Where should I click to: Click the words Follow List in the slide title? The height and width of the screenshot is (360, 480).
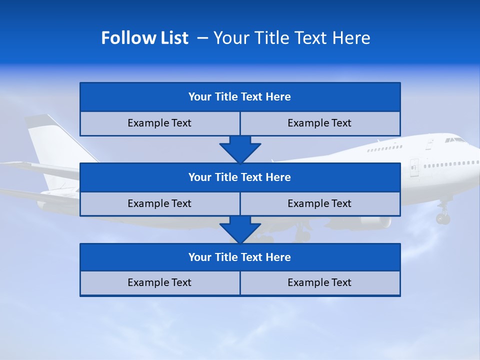point(144,38)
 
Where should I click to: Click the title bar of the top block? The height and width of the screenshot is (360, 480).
point(240,97)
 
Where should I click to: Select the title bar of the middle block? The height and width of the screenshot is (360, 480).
point(240,177)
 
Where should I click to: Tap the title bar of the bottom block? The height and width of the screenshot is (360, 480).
point(240,257)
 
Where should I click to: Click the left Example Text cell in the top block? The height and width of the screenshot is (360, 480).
point(160,123)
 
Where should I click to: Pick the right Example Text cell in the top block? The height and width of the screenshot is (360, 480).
point(320,123)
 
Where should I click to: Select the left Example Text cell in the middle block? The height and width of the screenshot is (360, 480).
point(160,204)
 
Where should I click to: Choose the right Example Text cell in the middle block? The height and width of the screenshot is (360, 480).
point(320,204)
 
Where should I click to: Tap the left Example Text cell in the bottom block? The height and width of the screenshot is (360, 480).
point(160,283)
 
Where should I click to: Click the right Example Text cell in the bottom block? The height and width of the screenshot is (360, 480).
point(320,283)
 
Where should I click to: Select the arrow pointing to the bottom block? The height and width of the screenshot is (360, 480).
point(240,229)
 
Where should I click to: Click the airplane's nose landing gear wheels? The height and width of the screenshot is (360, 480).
point(442,218)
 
